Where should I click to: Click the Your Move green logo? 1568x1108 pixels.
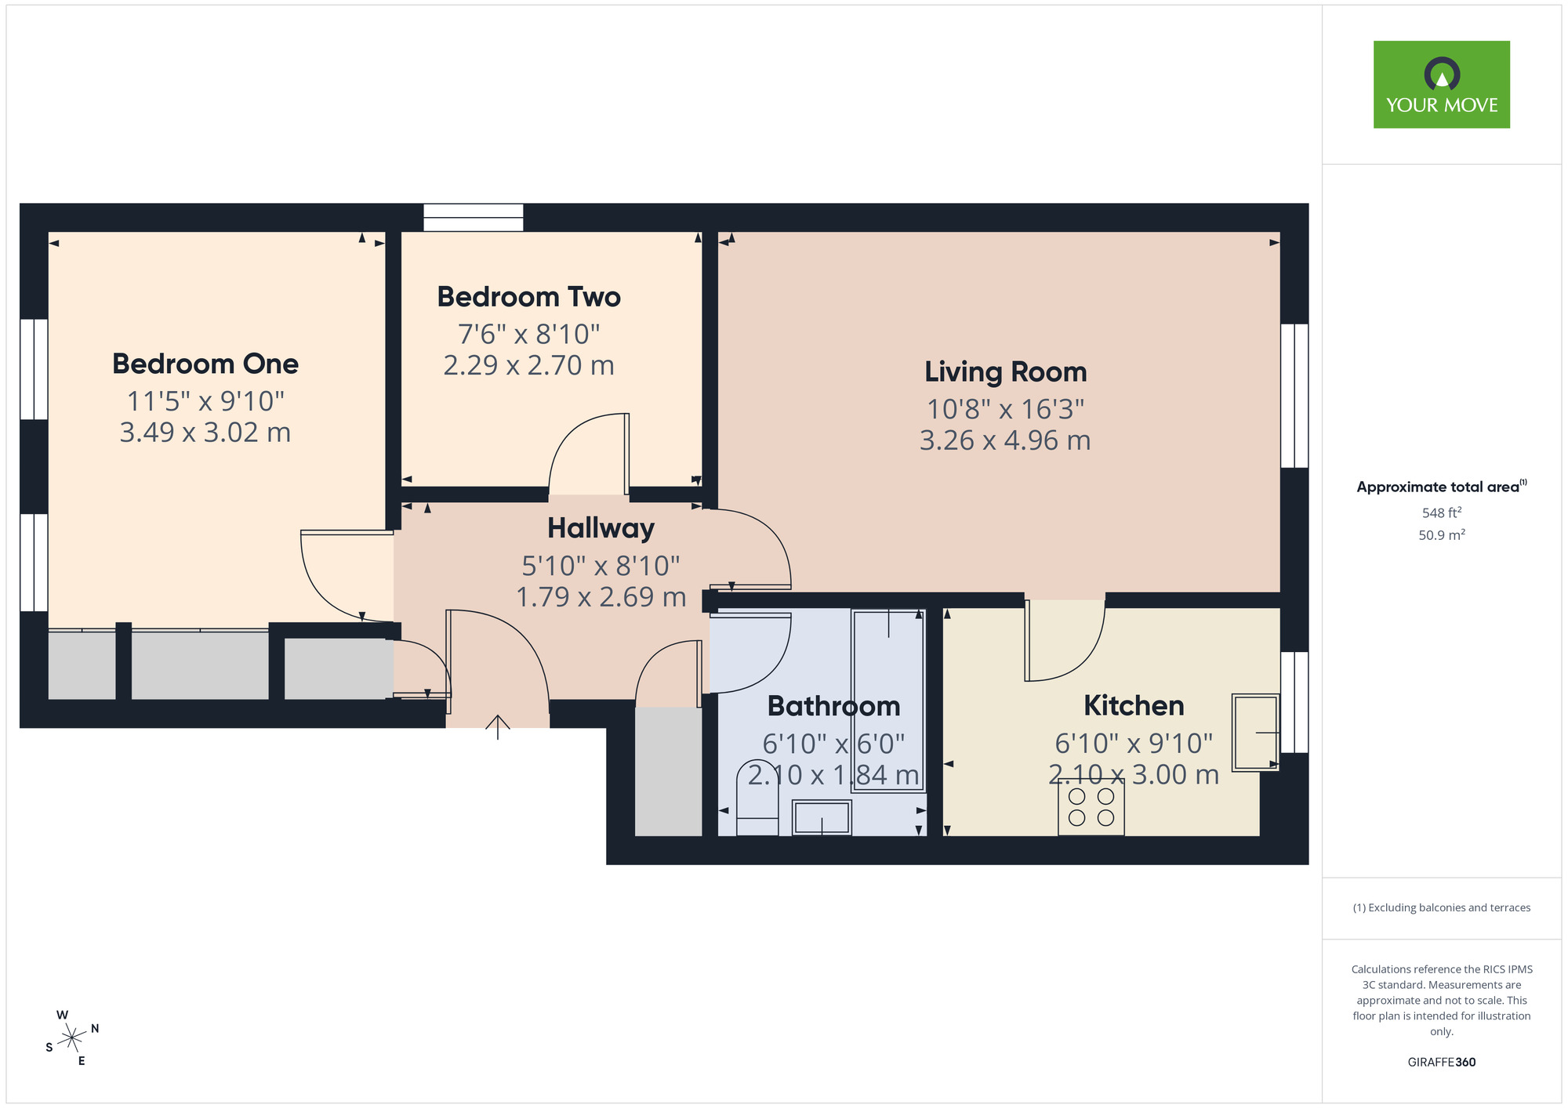click(x=1441, y=85)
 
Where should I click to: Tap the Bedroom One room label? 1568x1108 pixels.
click(x=205, y=364)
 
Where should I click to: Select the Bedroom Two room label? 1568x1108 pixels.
click(x=528, y=297)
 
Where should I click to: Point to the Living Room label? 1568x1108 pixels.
click(x=1005, y=371)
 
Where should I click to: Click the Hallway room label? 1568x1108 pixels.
click(x=601, y=528)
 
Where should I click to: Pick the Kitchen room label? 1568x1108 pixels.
click(x=1134, y=705)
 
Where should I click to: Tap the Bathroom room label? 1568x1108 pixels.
click(x=833, y=706)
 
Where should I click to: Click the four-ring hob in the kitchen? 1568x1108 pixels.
click(x=1091, y=807)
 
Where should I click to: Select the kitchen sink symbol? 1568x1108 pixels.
click(x=1254, y=732)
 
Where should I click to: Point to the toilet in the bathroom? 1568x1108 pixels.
click(x=757, y=799)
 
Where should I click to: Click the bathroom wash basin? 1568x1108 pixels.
click(x=822, y=817)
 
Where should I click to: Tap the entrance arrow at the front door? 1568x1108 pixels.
click(x=497, y=726)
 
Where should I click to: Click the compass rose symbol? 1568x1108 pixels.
click(x=72, y=1038)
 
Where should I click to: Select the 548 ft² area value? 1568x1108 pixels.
click(x=1441, y=512)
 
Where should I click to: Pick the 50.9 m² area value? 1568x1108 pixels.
click(x=1441, y=535)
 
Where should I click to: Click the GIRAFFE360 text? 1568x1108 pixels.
click(x=1441, y=1063)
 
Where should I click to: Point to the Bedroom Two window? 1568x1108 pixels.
click(x=474, y=217)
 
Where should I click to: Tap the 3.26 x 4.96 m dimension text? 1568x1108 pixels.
click(x=1005, y=440)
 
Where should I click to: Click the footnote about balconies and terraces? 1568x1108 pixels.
click(x=1441, y=907)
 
